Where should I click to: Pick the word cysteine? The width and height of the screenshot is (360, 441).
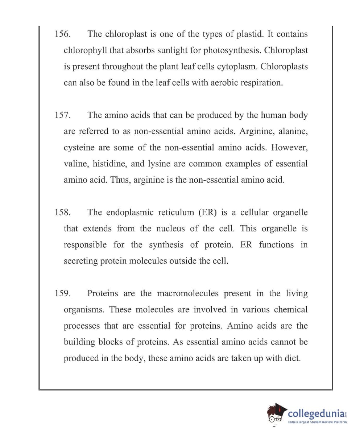coord(79,148)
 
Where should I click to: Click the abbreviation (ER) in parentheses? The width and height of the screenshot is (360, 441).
coord(207,213)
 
